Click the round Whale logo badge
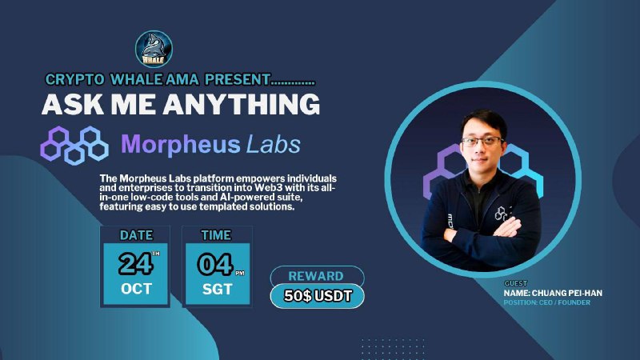click(x=154, y=49)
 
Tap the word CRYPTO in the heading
click(x=74, y=79)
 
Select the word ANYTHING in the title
click(x=242, y=104)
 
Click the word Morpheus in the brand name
click(x=181, y=144)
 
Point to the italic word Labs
click(x=274, y=144)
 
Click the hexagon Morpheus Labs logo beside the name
click(x=74, y=145)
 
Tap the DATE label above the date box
click(x=136, y=235)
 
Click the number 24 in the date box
click(x=135, y=264)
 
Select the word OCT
click(x=136, y=289)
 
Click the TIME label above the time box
click(x=216, y=235)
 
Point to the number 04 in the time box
click(x=215, y=264)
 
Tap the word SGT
click(x=217, y=290)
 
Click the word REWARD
click(x=316, y=276)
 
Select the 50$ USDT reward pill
click(x=317, y=296)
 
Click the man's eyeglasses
click(x=482, y=142)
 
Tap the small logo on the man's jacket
click(x=502, y=214)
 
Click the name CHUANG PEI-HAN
click(x=567, y=293)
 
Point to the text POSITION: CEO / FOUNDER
click(x=547, y=302)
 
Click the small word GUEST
click(x=516, y=283)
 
